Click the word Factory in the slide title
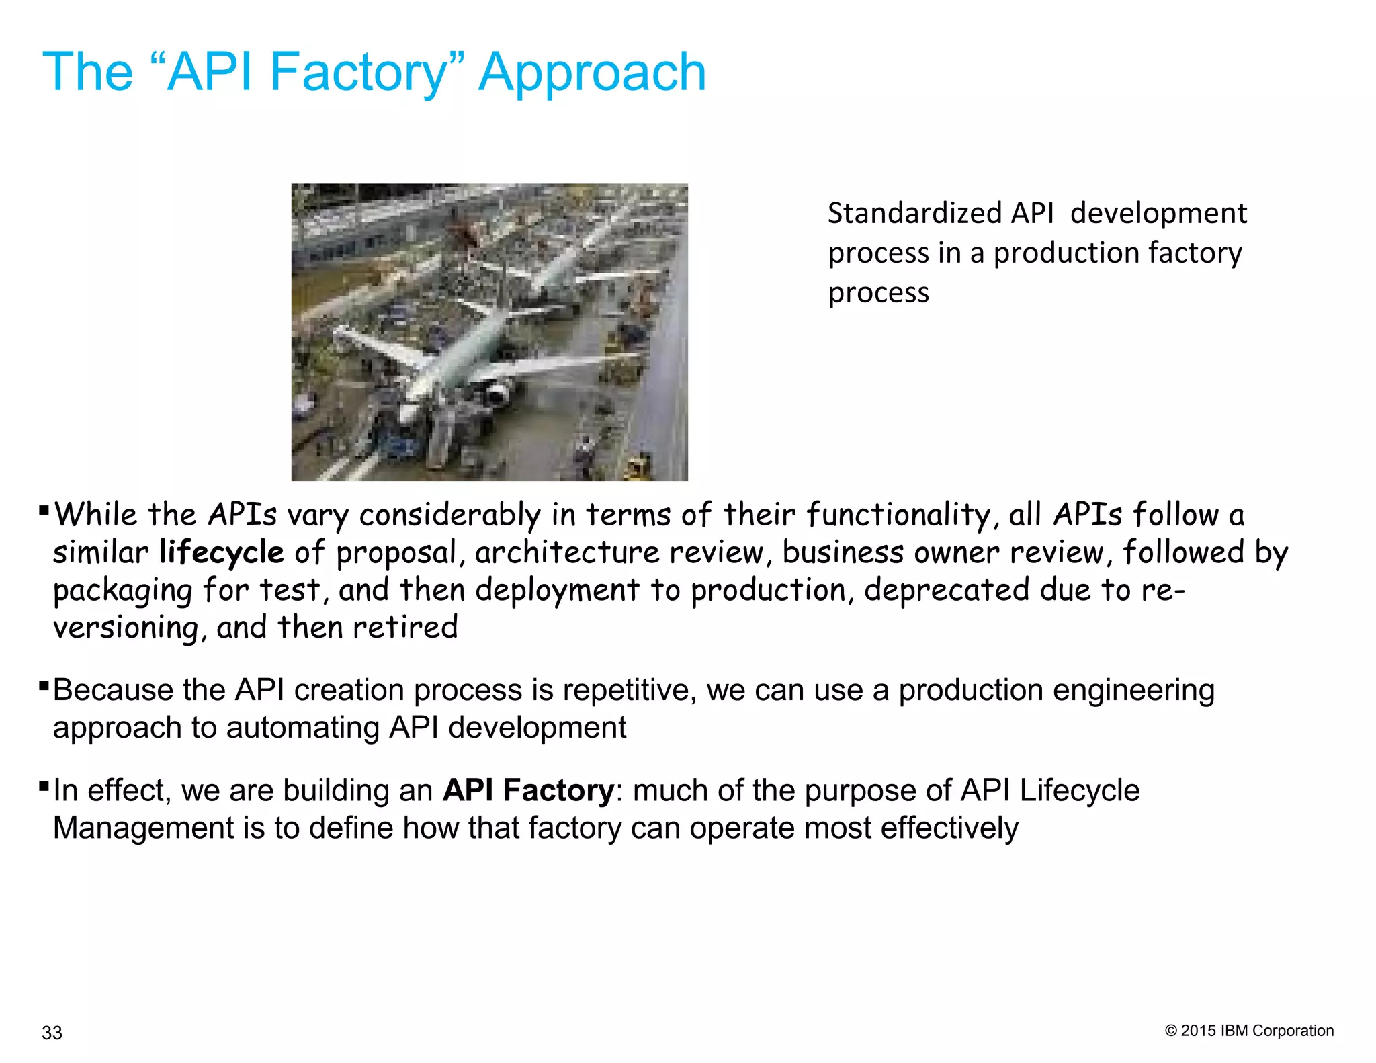(357, 73)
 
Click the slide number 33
(52, 1033)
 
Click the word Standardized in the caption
(914, 214)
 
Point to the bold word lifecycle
(222, 552)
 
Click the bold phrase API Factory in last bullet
(528, 791)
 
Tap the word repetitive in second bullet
(628, 691)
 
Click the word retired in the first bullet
(405, 628)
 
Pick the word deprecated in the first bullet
(947, 590)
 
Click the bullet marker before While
(44, 511)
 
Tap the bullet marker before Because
(44, 686)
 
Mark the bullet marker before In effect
(44, 785)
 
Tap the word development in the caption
(1158, 214)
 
